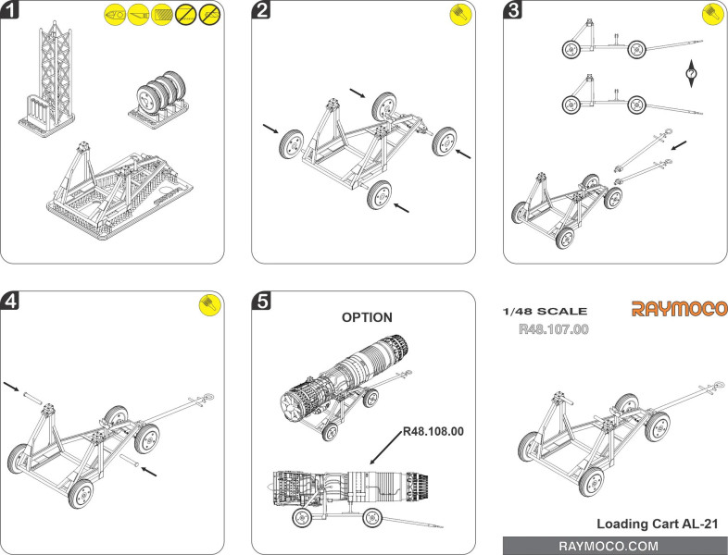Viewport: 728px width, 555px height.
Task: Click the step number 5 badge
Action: (262, 302)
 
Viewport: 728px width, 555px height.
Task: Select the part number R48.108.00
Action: (433, 432)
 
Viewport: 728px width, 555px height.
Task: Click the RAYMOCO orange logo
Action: (679, 308)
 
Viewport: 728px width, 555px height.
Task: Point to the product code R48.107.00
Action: (554, 328)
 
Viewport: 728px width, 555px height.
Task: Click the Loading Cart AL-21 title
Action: (658, 523)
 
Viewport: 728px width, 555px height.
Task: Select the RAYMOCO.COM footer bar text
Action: (615, 546)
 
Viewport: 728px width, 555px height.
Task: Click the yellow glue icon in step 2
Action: (461, 14)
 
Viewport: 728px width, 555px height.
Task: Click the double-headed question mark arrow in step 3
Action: (691, 74)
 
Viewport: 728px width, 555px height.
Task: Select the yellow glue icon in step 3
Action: (712, 14)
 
